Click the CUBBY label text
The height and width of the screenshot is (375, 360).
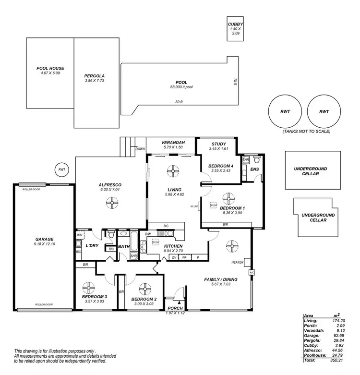click(235, 24)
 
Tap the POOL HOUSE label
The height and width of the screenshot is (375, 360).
click(50, 68)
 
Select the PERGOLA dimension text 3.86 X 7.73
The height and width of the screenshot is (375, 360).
click(95, 81)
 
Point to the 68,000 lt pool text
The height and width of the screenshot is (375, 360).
click(181, 87)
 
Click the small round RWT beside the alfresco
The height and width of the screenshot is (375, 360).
click(61, 169)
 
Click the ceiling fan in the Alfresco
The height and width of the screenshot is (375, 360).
click(112, 204)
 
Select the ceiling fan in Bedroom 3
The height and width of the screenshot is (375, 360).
click(89, 288)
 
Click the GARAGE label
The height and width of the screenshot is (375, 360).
click(44, 239)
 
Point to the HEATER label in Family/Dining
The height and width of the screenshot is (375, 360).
click(238, 262)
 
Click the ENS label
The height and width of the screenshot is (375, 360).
click(254, 169)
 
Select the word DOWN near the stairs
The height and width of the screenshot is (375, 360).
click(140, 149)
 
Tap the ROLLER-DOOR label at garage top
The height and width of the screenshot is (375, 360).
click(31, 189)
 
